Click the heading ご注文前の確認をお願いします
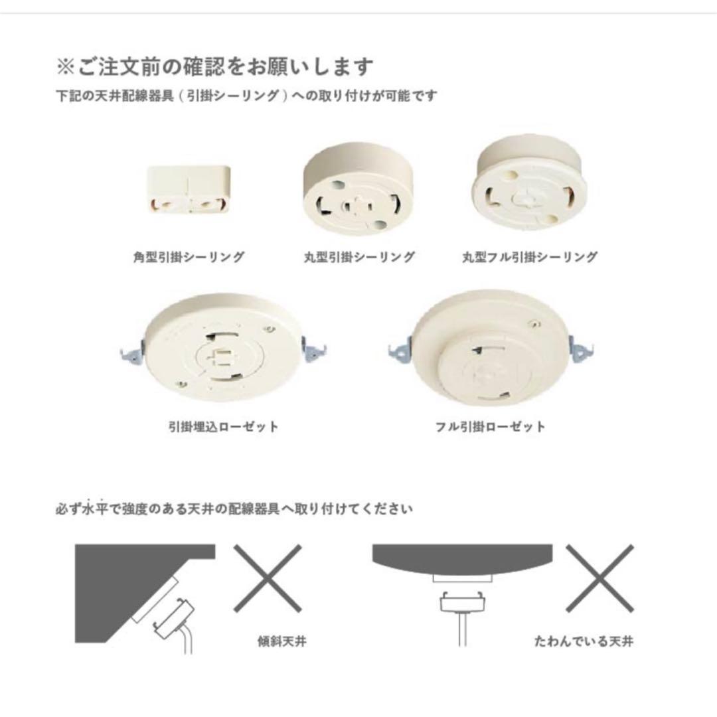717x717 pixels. point(215,67)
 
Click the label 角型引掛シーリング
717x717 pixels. point(189,257)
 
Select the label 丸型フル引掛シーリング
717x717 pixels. point(529,257)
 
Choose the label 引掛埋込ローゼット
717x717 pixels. point(223,426)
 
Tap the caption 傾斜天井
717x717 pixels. point(281,642)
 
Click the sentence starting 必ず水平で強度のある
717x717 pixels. point(234,510)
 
